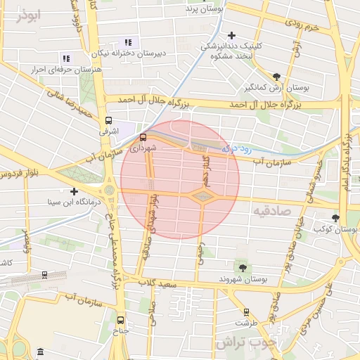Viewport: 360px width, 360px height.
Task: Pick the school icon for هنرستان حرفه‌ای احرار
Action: pyautogui.click(x=66, y=59)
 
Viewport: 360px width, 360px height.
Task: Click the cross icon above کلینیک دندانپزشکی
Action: pyautogui.click(x=231, y=34)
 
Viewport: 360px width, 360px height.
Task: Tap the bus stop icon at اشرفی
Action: pyautogui.click(x=108, y=120)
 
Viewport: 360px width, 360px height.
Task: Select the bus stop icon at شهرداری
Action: pyautogui.click(x=143, y=138)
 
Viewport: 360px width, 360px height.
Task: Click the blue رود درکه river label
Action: pyautogui.click(x=236, y=148)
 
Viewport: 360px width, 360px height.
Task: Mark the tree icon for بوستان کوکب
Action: pyautogui.click(x=335, y=218)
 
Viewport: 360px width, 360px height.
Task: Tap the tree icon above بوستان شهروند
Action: pyautogui.click(x=243, y=267)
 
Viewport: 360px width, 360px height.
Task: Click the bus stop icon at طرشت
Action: pyautogui.click(x=246, y=311)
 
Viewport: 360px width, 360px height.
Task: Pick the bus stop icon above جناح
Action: pyautogui.click(x=120, y=319)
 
